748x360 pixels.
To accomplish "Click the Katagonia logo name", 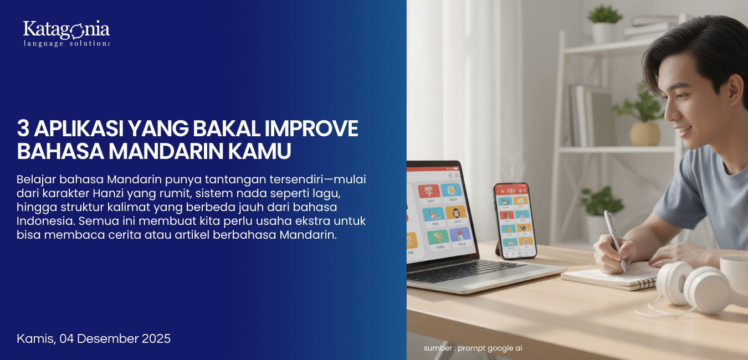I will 66,29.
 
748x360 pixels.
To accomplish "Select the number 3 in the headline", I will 23,129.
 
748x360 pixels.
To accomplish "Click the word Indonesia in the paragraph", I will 45,221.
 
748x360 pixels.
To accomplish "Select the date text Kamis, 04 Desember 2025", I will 94,338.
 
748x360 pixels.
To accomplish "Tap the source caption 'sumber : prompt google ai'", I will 473,348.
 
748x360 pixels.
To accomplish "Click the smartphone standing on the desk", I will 514,220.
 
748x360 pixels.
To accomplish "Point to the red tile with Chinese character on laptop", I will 428,192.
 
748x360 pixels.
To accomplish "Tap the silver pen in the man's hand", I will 615,239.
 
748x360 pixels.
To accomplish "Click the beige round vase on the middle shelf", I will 644,133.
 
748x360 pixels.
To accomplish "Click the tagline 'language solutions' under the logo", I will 66,43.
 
